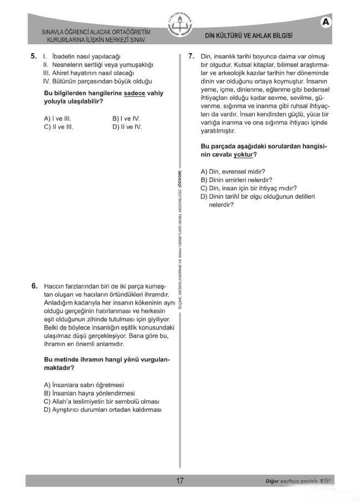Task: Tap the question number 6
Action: [x=34, y=286]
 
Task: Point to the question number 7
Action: [x=191, y=56]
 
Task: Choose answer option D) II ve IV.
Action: [x=127, y=127]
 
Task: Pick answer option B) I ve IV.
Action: [x=126, y=119]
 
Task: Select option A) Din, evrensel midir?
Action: [x=233, y=172]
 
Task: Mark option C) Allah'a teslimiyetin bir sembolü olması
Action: [x=101, y=402]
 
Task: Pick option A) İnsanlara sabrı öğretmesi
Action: [x=84, y=385]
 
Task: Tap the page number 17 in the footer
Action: [x=180, y=481]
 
